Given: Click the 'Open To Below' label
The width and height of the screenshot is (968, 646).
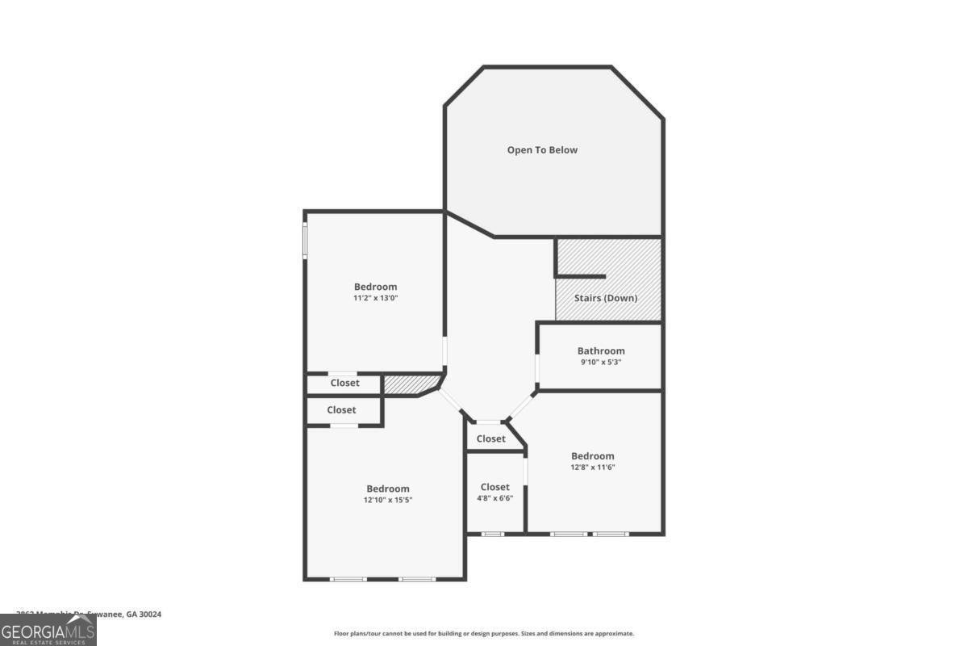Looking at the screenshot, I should click(542, 150).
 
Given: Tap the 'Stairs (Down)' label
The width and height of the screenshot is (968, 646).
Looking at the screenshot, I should click(605, 298).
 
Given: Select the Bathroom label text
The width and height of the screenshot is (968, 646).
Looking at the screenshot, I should click(601, 350).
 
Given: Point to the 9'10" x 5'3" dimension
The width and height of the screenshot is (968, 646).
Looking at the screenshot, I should click(601, 363).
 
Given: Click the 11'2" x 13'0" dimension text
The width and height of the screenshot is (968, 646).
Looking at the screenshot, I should click(376, 298).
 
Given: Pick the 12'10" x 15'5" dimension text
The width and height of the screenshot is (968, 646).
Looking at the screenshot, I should click(388, 500).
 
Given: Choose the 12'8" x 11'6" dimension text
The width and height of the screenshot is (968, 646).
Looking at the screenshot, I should click(593, 468).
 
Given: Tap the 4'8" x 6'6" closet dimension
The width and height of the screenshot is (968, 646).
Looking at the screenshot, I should click(494, 498).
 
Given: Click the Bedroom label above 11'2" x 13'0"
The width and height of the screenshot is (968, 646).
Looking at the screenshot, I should click(376, 287).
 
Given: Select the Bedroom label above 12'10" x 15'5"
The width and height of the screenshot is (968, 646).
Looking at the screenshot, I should click(388, 489).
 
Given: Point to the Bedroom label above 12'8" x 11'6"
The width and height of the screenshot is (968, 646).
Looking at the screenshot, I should click(593, 456).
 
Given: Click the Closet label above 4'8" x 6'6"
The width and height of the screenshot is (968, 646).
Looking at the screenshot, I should click(494, 487).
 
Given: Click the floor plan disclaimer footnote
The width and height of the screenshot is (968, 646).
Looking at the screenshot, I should click(484, 634).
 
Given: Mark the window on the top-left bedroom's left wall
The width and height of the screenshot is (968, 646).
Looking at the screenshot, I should click(305, 240).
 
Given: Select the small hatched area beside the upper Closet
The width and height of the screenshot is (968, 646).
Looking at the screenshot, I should click(410, 384).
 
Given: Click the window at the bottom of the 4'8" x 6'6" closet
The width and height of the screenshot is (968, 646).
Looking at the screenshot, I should click(493, 534).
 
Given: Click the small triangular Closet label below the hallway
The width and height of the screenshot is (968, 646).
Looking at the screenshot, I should click(490, 438).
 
